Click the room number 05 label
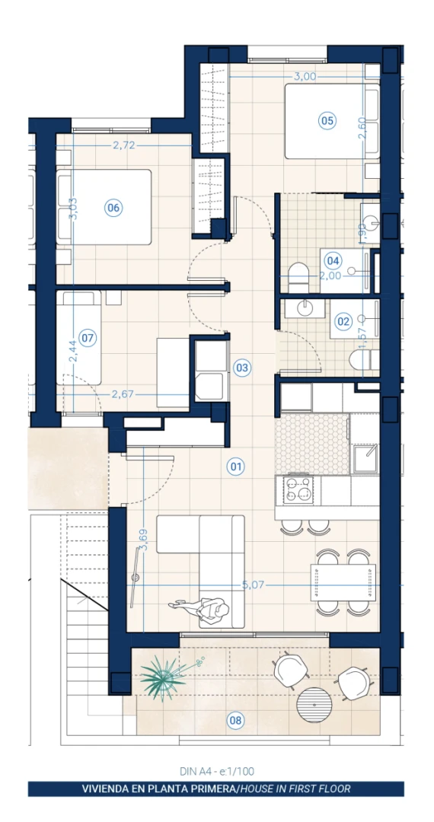pyautogui.click(x=327, y=121)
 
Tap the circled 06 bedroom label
pyautogui.click(x=113, y=208)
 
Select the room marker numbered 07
pyautogui.click(x=88, y=338)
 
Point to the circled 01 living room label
pyautogui.click(x=236, y=466)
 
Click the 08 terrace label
pyautogui.click(x=235, y=721)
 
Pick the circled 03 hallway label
pyautogui.click(x=241, y=368)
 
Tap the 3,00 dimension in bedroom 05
pyautogui.click(x=305, y=77)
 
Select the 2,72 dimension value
pyautogui.click(x=124, y=145)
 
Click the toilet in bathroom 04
pyautogui.click(x=299, y=278)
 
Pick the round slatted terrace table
pyautogui.click(x=315, y=706)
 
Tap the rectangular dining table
pyautogui.click(x=343, y=582)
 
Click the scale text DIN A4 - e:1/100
pyautogui.click(x=216, y=771)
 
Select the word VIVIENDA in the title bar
pyautogui.click(x=105, y=789)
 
